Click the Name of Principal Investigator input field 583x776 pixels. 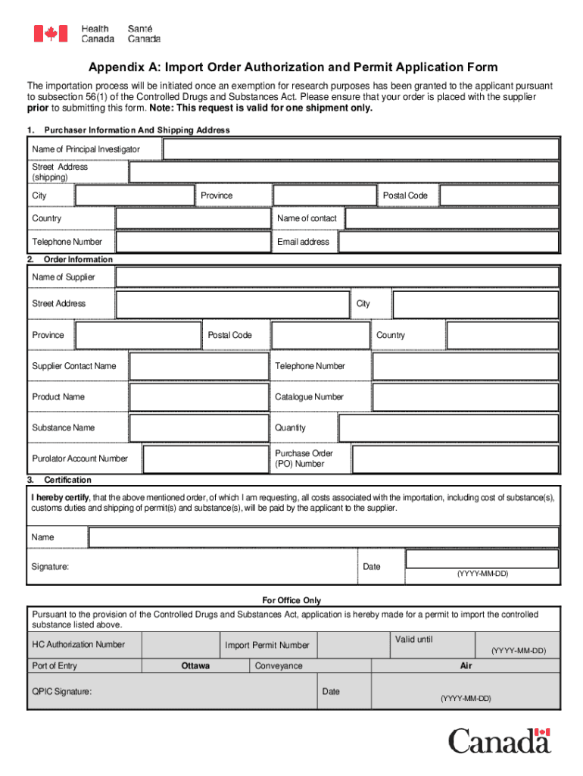[x=360, y=149]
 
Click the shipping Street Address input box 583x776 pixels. [x=344, y=173]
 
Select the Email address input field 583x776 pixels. [x=448, y=242]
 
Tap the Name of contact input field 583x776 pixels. [x=451, y=218]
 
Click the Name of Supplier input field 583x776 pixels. [x=337, y=277]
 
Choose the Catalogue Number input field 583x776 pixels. [x=466, y=397]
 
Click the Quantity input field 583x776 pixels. [x=448, y=428]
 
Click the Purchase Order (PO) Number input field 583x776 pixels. [x=455, y=458]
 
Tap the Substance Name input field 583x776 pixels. [x=199, y=428]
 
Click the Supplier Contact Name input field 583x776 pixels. [x=199, y=366]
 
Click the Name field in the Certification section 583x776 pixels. [x=323, y=537]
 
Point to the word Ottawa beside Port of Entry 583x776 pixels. [x=195, y=666]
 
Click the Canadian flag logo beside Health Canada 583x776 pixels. [x=51, y=33]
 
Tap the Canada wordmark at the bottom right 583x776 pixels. [x=500, y=740]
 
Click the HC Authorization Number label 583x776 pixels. [x=78, y=645]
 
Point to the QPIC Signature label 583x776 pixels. [x=61, y=692]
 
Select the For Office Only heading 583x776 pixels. [x=291, y=600]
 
